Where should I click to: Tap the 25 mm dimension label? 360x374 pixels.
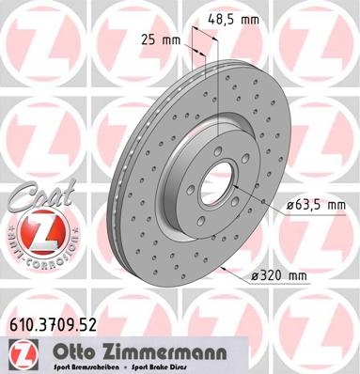164,40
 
